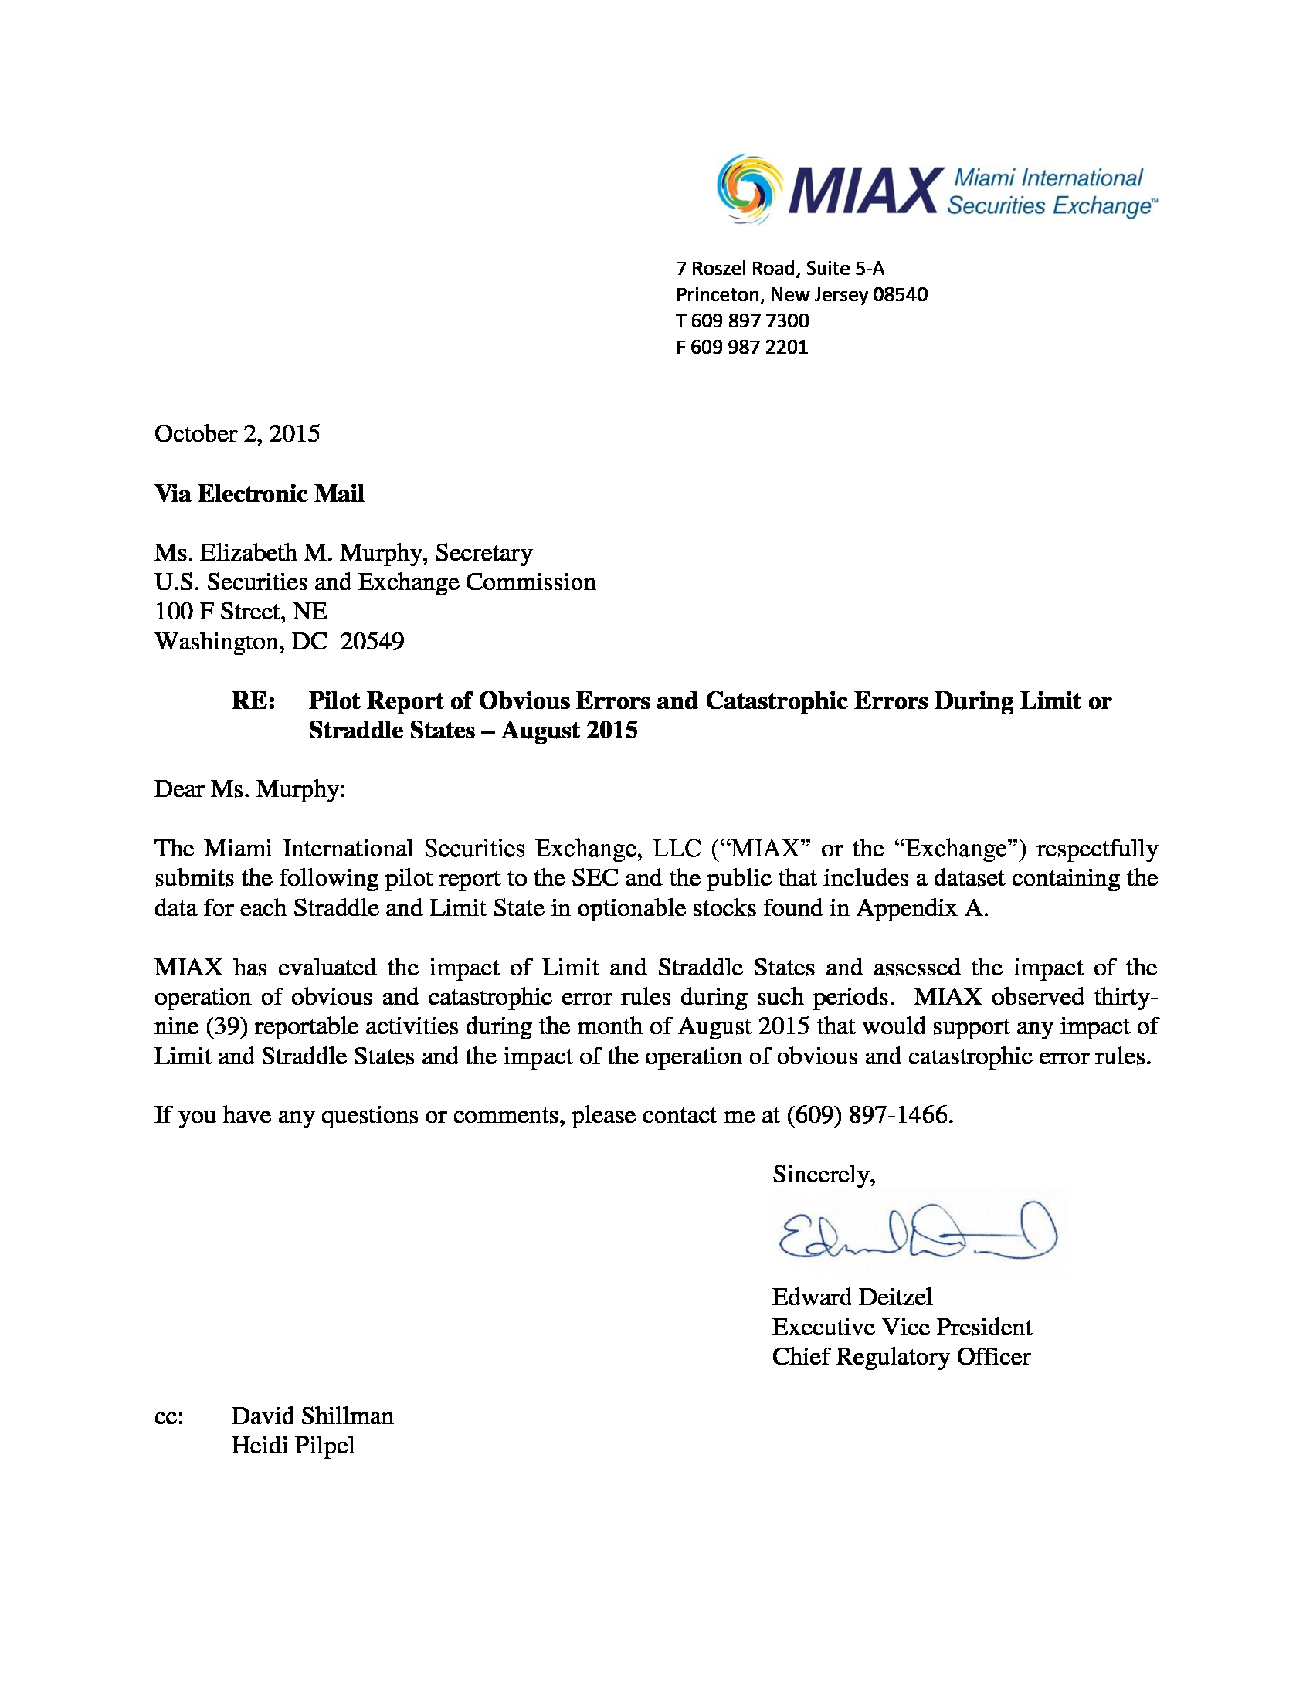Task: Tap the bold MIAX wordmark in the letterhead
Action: [x=863, y=191]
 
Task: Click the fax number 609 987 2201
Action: [x=749, y=347]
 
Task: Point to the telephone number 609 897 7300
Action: [x=750, y=320]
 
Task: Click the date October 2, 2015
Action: [x=237, y=434]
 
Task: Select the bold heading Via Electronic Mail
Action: [x=259, y=494]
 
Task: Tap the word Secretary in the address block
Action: [x=483, y=553]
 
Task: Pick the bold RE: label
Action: [x=253, y=701]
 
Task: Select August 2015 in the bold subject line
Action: [x=569, y=731]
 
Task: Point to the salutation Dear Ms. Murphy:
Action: [x=249, y=789]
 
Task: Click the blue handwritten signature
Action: [x=916, y=1233]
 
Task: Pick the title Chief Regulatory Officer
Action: [x=901, y=1357]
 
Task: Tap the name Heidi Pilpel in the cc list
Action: [x=293, y=1446]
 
